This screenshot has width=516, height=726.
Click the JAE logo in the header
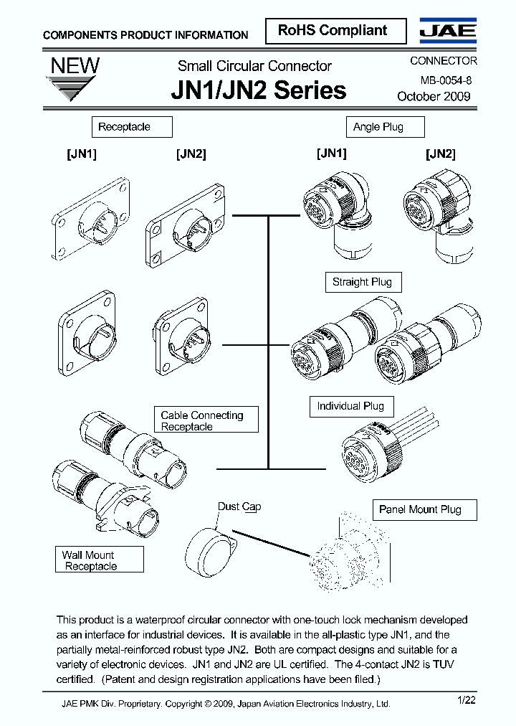448,30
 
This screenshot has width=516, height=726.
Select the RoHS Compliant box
333,31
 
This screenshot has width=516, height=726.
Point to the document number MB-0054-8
441,81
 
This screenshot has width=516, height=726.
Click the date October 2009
434,97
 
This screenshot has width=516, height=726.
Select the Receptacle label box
132,127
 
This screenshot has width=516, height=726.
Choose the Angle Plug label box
386,127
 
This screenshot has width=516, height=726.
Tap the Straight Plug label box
363,282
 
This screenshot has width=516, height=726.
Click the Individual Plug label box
350,406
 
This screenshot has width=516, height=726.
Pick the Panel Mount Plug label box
420,509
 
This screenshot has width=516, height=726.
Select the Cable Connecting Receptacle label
206,420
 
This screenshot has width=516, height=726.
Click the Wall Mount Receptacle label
100,560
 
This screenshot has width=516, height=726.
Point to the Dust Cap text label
239,506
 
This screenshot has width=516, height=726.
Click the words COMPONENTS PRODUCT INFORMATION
145,35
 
